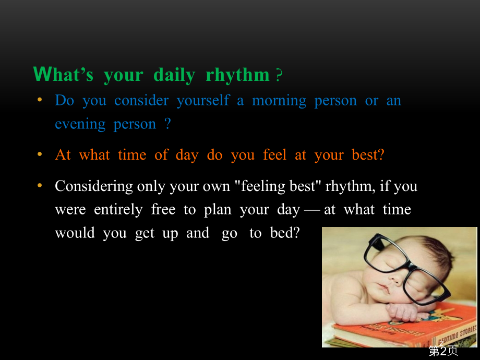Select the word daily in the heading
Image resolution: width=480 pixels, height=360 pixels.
tap(174, 75)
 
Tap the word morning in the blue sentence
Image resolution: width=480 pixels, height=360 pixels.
tap(279, 101)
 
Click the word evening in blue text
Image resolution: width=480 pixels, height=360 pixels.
tap(80, 125)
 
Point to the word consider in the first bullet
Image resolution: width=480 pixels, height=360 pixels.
tap(141, 100)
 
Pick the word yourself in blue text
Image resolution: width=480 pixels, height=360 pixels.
tap(203, 101)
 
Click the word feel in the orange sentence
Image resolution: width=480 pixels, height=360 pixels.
tap(274, 154)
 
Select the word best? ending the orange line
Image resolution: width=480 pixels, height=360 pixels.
tap(368, 154)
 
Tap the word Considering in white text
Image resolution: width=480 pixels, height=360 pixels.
tap(94, 186)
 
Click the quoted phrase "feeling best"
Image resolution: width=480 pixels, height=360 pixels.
tap(278, 186)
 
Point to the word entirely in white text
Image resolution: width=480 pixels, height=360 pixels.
tap(118, 210)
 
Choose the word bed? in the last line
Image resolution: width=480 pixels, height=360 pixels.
tap(285, 233)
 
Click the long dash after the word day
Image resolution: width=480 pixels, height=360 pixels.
tap(312, 211)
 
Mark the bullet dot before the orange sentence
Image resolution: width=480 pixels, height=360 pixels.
tap(40, 154)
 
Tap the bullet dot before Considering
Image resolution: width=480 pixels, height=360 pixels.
tap(40, 186)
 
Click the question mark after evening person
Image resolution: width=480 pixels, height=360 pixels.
tap(167, 124)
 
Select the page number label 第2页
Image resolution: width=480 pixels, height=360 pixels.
tap(443, 351)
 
